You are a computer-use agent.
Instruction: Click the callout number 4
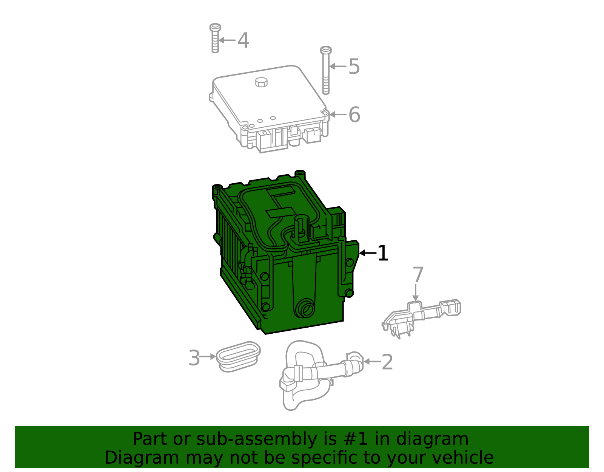click(243, 40)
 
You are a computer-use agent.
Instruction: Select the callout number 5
click(354, 67)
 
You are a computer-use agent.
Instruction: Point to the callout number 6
click(354, 115)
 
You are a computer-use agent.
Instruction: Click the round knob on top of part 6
click(261, 82)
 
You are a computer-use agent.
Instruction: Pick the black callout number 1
click(383, 253)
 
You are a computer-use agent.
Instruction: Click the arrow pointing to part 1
click(368, 253)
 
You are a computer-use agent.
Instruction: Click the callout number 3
click(194, 358)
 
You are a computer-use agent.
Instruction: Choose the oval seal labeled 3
click(238, 356)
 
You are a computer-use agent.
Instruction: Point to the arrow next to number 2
click(372, 362)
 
